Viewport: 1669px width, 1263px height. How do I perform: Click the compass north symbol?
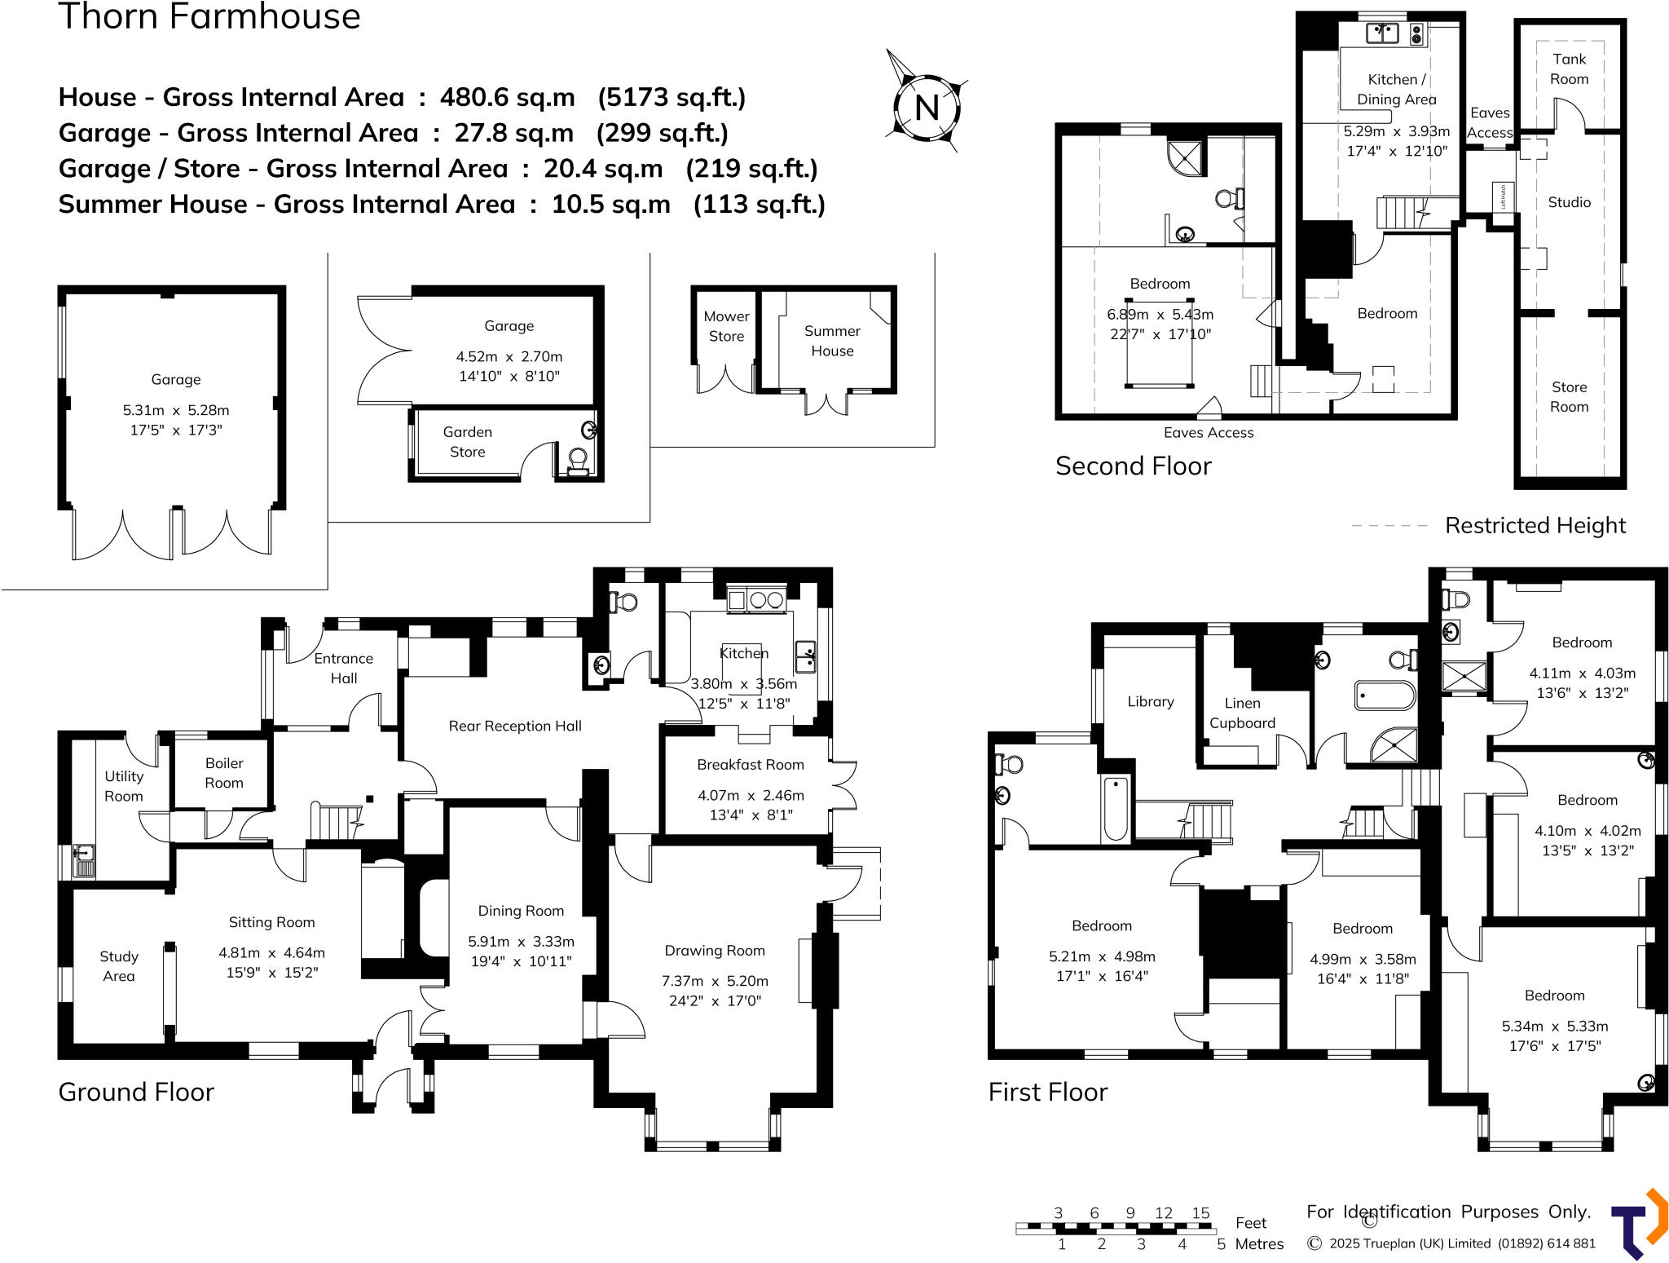pyautogui.click(x=927, y=107)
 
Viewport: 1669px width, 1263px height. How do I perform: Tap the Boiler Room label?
pyautogui.click(x=224, y=773)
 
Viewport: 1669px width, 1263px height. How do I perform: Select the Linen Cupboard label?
pyautogui.click(x=1242, y=713)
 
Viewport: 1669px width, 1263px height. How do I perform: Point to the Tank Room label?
pyautogui.click(x=1569, y=69)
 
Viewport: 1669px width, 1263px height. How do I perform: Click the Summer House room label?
pyautogui.click(x=832, y=341)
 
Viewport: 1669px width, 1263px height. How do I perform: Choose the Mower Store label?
pyautogui.click(x=726, y=326)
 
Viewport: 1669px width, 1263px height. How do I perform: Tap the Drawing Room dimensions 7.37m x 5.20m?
pyautogui.click(x=715, y=981)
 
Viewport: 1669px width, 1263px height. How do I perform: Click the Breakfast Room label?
pyautogui.click(x=750, y=765)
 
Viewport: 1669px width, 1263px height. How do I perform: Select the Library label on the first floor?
pyautogui.click(x=1150, y=701)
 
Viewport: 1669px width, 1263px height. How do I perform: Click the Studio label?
pyautogui.click(x=1569, y=202)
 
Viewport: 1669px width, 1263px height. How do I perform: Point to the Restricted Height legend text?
pyautogui.click(x=1535, y=526)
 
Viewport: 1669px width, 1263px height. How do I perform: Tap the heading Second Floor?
pyautogui.click(x=1133, y=466)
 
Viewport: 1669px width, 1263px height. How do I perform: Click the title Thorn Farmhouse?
pyautogui.click(x=209, y=16)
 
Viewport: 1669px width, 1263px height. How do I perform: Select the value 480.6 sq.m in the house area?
pyautogui.click(x=507, y=97)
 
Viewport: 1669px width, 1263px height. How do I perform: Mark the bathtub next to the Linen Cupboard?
pyautogui.click(x=1385, y=696)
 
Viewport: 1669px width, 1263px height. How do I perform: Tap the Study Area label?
pyautogui.click(x=119, y=966)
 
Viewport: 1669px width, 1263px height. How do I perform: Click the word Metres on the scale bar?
pyautogui.click(x=1259, y=1243)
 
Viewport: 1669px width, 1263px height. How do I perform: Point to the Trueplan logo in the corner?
pyautogui.click(x=1638, y=1224)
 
